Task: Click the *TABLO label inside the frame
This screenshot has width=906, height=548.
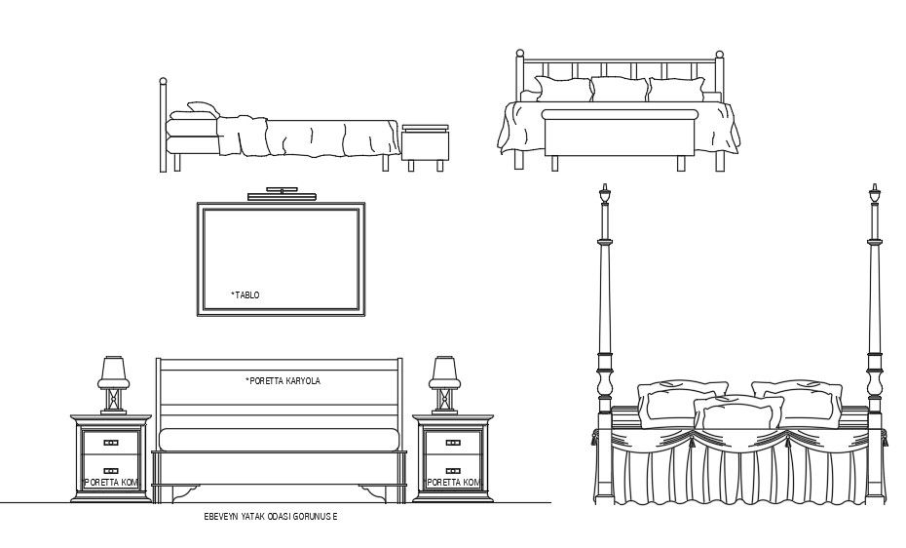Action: tap(245, 294)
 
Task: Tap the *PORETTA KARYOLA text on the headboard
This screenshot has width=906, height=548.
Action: tap(283, 381)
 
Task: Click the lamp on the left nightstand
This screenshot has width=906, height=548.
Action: tap(112, 383)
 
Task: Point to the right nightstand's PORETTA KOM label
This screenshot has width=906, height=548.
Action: tap(453, 483)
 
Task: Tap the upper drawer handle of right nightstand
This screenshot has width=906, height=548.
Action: tap(452, 443)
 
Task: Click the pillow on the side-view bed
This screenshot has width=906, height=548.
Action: tap(202, 109)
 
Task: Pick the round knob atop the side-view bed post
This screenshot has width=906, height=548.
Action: tap(163, 82)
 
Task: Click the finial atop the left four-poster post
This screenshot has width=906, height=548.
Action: tap(604, 195)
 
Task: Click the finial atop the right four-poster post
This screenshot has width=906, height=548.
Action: tap(875, 195)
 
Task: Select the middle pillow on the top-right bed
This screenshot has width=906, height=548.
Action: tap(620, 90)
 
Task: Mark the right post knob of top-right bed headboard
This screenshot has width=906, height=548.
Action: tap(720, 55)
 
